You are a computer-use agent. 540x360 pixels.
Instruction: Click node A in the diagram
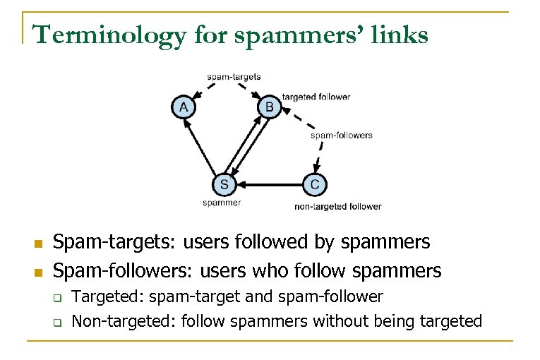coord(184,107)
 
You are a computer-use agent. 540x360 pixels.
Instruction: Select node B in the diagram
coord(270,107)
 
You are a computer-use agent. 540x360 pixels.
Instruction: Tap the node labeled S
coord(224,185)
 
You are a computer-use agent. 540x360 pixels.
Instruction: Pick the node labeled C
coord(314,185)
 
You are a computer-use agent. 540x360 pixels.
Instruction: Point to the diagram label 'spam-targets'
coord(234,76)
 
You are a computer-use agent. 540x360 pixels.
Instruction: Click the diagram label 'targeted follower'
coord(316,97)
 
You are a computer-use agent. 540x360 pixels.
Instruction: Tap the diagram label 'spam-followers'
coord(342,135)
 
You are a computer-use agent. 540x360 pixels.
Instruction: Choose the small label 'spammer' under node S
coord(222,203)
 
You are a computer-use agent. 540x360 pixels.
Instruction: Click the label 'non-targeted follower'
coord(337,207)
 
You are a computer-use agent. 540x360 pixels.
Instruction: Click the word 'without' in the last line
coord(342,322)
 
